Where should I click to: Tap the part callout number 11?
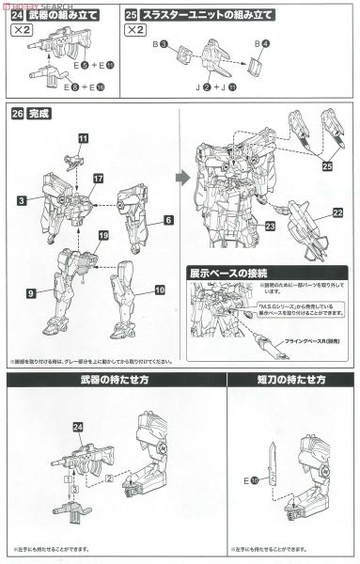(83, 139)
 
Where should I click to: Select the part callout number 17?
(97, 179)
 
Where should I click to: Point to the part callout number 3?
(20, 201)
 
